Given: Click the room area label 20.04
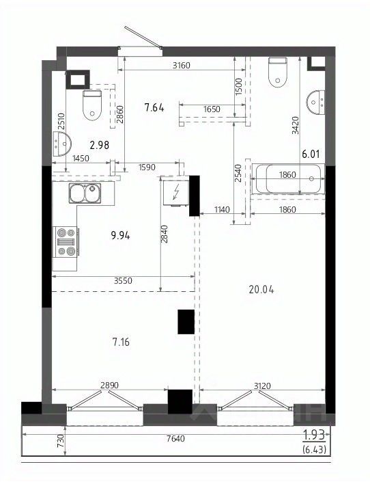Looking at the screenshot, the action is pos(261,290).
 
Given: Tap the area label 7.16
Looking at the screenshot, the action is pos(122,342).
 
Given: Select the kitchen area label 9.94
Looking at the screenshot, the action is pos(121,236).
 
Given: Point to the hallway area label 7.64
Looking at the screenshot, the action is pos(154,108).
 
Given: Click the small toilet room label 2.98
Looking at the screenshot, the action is pos(99,145).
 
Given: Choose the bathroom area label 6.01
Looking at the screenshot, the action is pos(311,154).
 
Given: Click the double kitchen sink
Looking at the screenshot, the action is pos(85,193).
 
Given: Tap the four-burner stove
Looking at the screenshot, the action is pos(66,242).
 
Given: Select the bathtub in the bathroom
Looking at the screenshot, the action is pos(288,178).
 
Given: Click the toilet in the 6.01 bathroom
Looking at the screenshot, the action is pos(278,72).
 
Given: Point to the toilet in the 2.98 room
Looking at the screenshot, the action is pos(92,105).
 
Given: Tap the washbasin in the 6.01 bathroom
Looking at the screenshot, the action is pos(316,102).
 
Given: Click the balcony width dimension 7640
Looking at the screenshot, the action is pos(175,438).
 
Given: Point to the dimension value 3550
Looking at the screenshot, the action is pos(123,280).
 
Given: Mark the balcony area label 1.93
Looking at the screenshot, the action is pos(314,435).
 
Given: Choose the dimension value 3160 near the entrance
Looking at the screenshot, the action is pos(182,66).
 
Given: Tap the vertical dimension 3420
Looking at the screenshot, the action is pos(296,125).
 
